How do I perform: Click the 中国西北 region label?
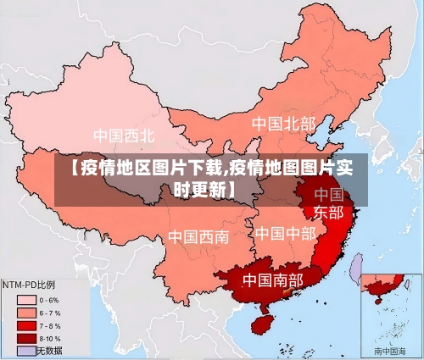click(x=124, y=135)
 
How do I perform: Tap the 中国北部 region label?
click(x=283, y=124)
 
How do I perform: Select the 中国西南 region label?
click(x=198, y=236)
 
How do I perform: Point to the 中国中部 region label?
click(x=285, y=232)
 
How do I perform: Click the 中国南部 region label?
click(x=272, y=279)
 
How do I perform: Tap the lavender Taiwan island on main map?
click(x=357, y=268)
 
